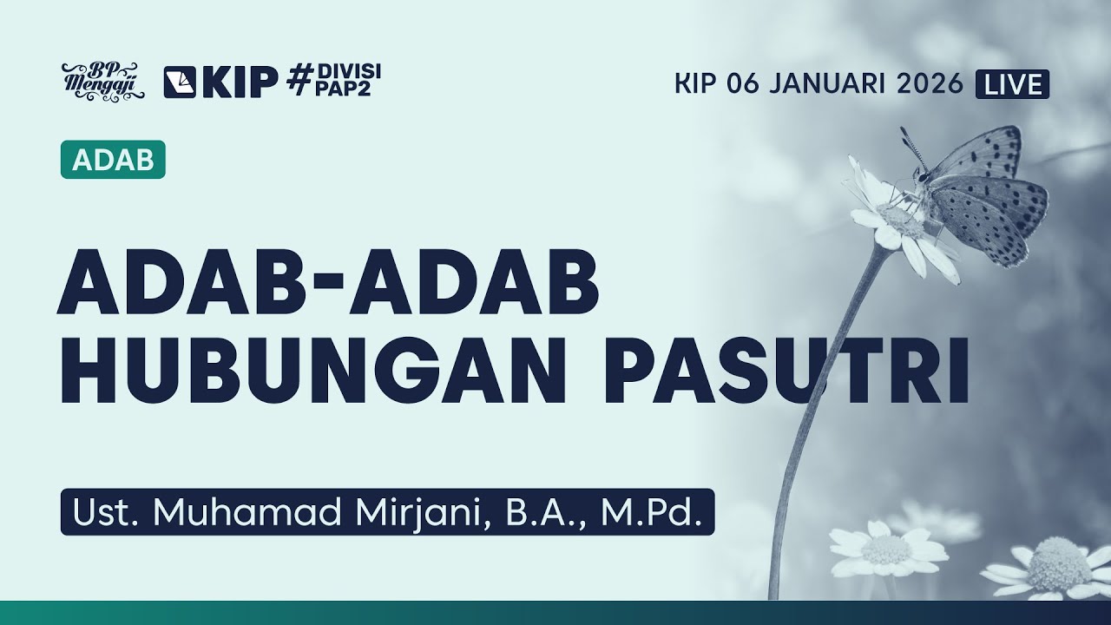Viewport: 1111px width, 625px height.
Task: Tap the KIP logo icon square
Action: pos(180,82)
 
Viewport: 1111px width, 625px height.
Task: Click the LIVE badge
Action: pos(1012,83)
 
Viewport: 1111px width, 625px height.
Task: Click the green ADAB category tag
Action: pos(113,160)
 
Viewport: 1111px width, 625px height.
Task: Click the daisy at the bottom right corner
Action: pos(1055,569)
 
